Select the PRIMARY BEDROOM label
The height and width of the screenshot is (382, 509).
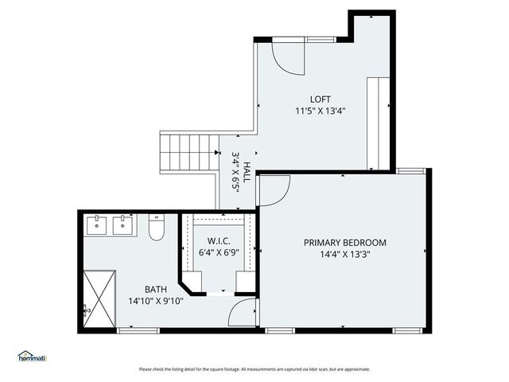[x=344, y=243]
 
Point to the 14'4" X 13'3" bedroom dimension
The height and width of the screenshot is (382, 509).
[x=344, y=255]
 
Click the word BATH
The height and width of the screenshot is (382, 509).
[x=155, y=290]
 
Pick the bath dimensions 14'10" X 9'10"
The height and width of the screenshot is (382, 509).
[x=155, y=301]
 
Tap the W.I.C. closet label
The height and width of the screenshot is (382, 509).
[x=219, y=241]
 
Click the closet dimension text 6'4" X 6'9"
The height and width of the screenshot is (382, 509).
[x=219, y=252]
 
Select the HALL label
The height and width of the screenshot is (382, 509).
[x=247, y=173]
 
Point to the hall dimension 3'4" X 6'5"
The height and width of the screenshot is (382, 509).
[x=235, y=169]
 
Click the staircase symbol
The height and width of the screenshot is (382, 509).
[x=189, y=152]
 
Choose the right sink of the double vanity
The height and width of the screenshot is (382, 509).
[x=122, y=225]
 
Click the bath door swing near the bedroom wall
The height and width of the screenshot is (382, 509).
[x=241, y=313]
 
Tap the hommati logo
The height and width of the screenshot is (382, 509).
[x=32, y=357]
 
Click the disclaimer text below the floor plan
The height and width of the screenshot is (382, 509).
[x=254, y=369]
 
